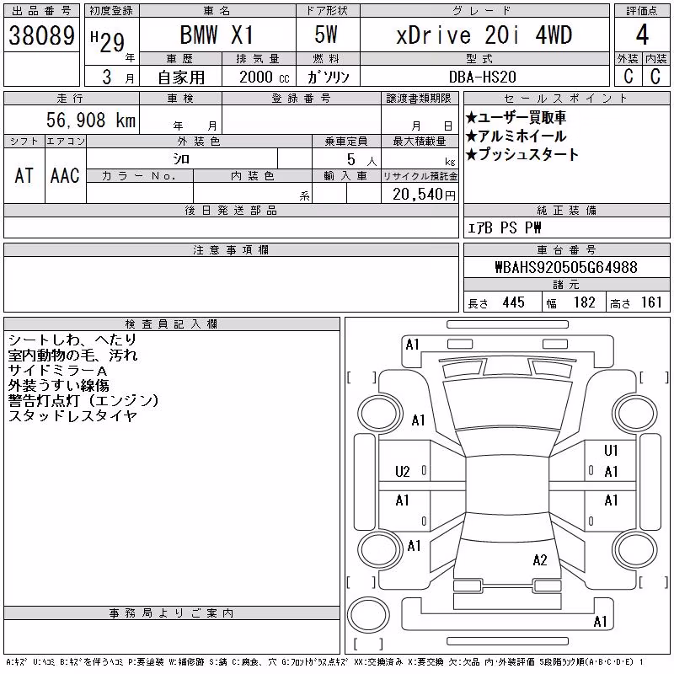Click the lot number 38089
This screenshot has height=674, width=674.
pyautogui.click(x=41, y=35)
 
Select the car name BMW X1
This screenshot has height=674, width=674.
pyautogui.click(x=217, y=35)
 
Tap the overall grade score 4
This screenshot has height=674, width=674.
pyautogui.click(x=642, y=35)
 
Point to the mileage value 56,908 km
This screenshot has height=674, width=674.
pyautogui.click(x=91, y=120)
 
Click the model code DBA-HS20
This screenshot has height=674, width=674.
pyautogui.click(x=482, y=77)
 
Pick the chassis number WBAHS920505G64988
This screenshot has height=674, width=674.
pyautogui.click(x=566, y=267)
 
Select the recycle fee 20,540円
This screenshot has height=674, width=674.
pyautogui.click(x=424, y=195)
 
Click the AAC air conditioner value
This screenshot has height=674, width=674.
pyautogui.click(x=65, y=176)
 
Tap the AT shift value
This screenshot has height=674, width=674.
pyautogui.click(x=24, y=176)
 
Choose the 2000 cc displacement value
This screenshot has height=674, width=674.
pyautogui.click(x=265, y=77)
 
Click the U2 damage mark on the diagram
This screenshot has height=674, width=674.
pyautogui.click(x=403, y=472)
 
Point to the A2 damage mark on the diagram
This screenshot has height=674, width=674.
pyautogui.click(x=540, y=560)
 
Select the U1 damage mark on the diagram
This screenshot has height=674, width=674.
pyautogui.click(x=611, y=450)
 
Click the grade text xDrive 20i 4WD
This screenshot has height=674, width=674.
pyautogui.click(x=484, y=35)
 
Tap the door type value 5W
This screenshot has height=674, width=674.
pyautogui.click(x=326, y=35)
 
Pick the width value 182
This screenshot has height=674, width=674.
pyautogui.click(x=584, y=302)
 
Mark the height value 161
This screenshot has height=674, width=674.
pyautogui.click(x=651, y=302)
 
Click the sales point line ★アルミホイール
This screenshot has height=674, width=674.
pyautogui.click(x=516, y=136)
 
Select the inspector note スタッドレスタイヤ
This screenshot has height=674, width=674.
pyautogui.click(x=72, y=415)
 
